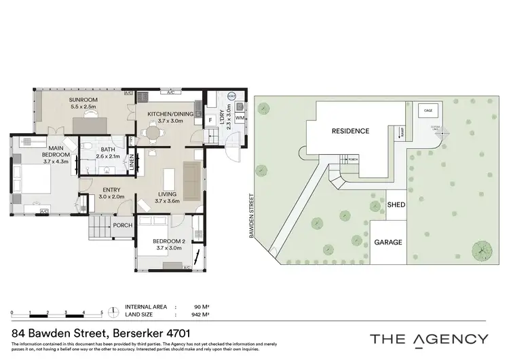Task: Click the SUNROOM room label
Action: click(83, 101)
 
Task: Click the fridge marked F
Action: click(212, 120)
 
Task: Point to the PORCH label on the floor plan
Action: click(123, 226)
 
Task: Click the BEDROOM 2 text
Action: click(168, 241)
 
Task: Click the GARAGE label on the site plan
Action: click(388, 242)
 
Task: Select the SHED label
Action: click(395, 204)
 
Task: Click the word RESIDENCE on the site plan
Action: click(350, 131)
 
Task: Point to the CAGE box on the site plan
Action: click(428, 110)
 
